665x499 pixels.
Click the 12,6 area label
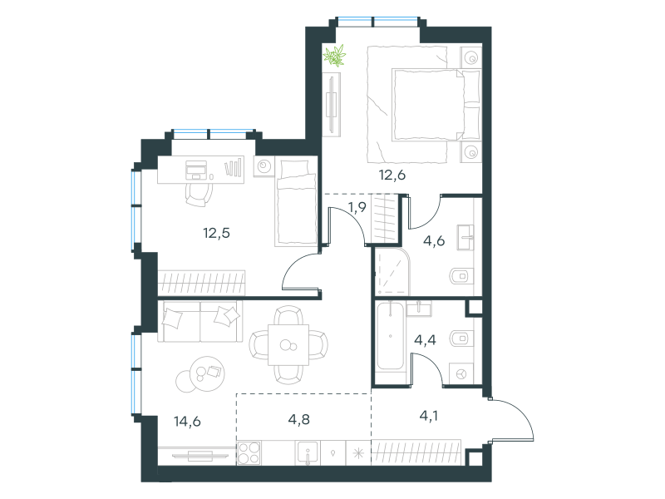(x=392, y=175)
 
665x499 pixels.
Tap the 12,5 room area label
(x=216, y=233)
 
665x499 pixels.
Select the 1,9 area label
(x=357, y=207)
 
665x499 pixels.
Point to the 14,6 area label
(x=187, y=422)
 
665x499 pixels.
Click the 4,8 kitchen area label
(x=299, y=419)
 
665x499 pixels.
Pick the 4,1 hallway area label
(x=429, y=416)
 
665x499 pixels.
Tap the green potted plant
(x=335, y=56)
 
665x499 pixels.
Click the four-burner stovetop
(x=249, y=452)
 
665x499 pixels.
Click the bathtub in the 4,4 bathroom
(x=390, y=335)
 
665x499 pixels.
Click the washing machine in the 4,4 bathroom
(x=461, y=374)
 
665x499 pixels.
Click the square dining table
(x=288, y=345)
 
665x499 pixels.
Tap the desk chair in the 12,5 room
(x=199, y=193)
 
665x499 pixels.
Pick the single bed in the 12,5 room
(x=296, y=201)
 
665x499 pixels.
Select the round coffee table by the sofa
(x=207, y=373)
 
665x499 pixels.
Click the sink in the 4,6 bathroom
(x=465, y=238)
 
